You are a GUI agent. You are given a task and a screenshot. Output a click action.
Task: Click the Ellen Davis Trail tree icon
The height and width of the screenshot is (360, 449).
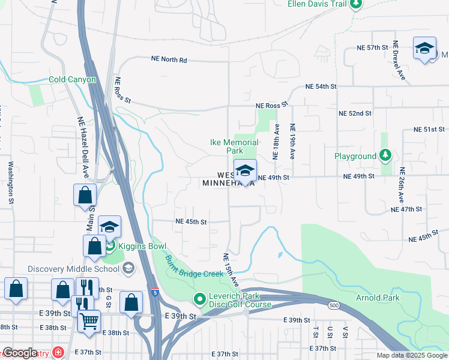coord(356,4)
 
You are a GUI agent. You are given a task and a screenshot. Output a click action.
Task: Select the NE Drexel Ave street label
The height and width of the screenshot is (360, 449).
coord(399,61)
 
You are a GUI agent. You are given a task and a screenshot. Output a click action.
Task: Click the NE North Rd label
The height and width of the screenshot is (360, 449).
coord(169,60)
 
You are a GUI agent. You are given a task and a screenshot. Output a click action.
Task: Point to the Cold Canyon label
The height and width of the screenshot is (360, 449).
coord(72,79)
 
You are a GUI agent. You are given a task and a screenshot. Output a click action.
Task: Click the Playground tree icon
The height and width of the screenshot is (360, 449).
coord(385,156)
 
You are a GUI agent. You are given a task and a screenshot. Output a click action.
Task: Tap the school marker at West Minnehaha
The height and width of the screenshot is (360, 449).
coord(245,171)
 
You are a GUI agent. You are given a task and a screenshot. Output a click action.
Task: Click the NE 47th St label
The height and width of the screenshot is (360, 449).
coord(406,209)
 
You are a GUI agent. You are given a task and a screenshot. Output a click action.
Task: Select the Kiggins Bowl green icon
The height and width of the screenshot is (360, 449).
coord(110,245)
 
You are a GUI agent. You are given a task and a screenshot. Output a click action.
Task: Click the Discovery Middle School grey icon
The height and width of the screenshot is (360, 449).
coord(128,268)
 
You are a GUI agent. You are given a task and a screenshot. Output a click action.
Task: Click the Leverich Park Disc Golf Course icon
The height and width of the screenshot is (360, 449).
coord(199,298)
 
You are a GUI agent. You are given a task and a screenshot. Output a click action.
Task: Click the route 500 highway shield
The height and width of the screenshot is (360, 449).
coord(333,306)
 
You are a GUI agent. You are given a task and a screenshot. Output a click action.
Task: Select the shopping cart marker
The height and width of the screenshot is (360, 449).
coord(89,322)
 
